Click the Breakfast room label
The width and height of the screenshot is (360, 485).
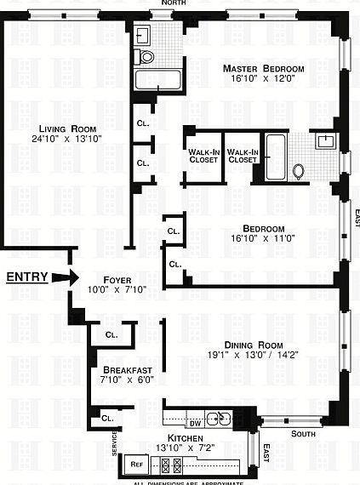click(x=128, y=369)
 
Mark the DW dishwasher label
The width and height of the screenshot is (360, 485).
click(x=194, y=422)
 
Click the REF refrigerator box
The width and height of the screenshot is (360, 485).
click(x=137, y=465)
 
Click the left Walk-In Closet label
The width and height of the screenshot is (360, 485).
click(x=204, y=156)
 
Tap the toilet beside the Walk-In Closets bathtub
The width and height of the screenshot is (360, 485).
click(x=299, y=170)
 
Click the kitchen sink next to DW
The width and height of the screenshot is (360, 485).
click(x=221, y=417)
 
